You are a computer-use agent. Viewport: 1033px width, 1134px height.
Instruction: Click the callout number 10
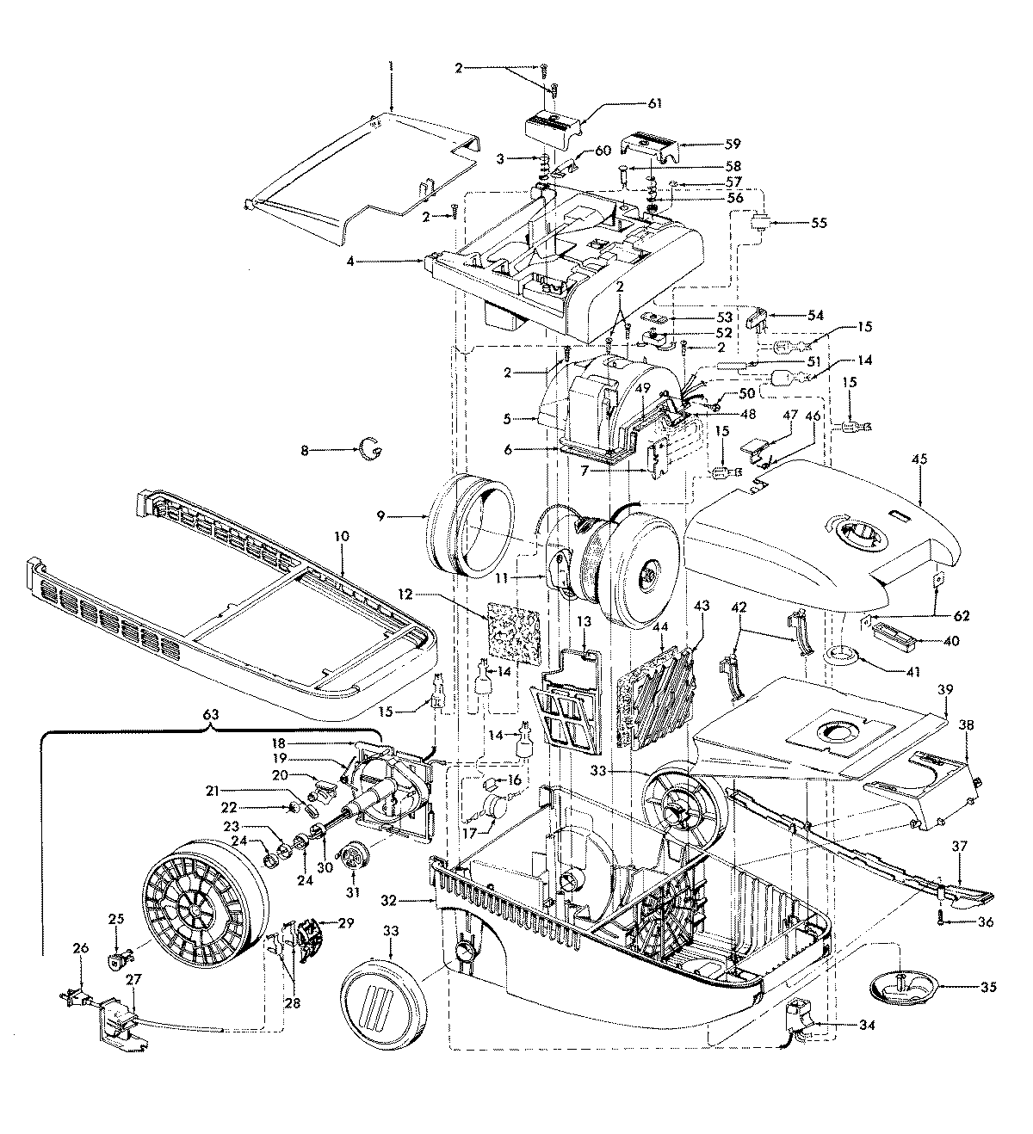click(x=342, y=536)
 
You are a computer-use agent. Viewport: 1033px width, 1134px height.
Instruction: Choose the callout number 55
click(x=819, y=222)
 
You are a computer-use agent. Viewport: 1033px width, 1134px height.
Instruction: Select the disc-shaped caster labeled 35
click(x=897, y=986)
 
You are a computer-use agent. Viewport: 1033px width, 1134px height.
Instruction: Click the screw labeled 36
click(x=942, y=921)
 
